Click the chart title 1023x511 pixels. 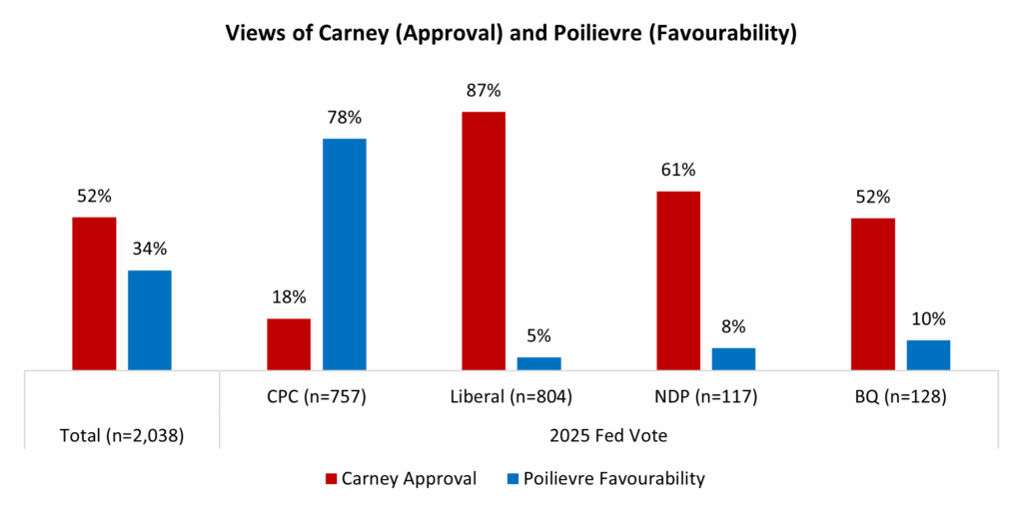[x=511, y=34]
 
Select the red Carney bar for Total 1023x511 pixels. [x=94, y=293]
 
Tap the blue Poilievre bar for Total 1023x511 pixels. [x=150, y=319]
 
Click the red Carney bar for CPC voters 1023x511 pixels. [x=289, y=344]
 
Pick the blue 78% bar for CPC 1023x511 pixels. [x=345, y=255]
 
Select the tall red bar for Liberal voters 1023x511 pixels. [x=484, y=241]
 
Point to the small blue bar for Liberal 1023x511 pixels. [x=538, y=363]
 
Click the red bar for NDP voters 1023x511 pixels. [x=678, y=280]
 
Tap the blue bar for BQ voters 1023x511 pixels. [x=928, y=355]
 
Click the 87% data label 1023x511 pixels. [x=484, y=92]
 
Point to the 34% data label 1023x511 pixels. [x=150, y=250]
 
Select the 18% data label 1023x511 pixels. [x=289, y=298]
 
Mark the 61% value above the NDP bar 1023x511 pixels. [x=678, y=171]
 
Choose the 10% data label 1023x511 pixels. [x=928, y=319]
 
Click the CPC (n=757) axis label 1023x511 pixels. [x=317, y=397]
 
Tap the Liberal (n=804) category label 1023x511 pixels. [x=511, y=397]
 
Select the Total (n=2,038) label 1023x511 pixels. [x=122, y=435]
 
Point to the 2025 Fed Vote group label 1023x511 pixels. [x=609, y=435]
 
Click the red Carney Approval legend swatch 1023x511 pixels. [x=332, y=479]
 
